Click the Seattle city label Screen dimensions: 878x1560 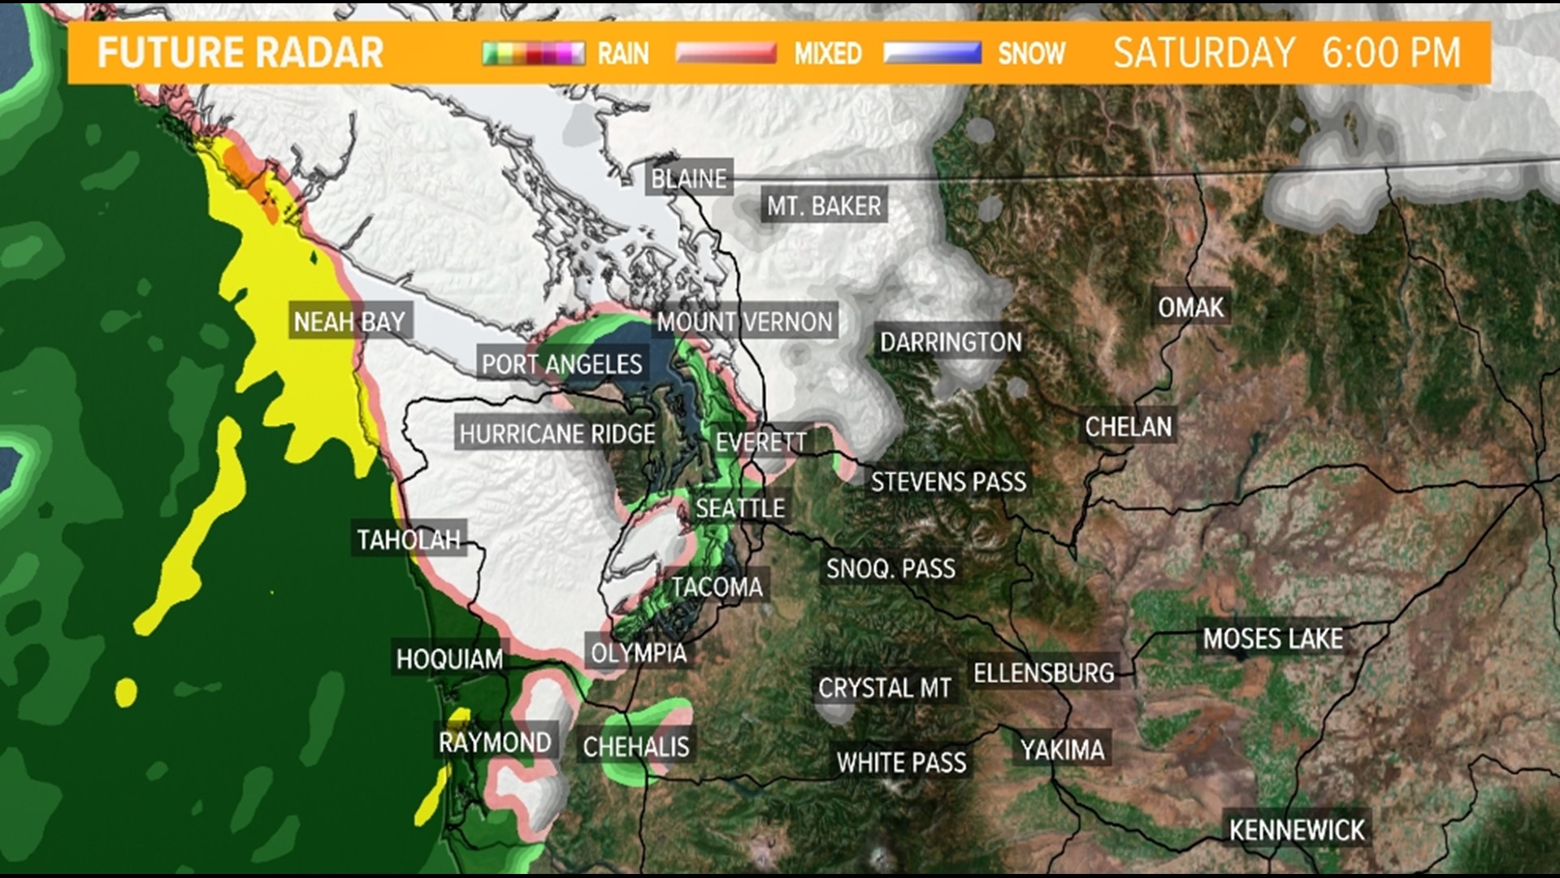(x=740, y=509)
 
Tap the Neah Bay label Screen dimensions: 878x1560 (x=349, y=322)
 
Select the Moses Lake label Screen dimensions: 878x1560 (x=1272, y=639)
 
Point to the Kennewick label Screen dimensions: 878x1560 (x=1297, y=830)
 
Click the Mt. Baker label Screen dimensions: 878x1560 (x=824, y=206)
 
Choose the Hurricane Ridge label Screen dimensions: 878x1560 (x=557, y=434)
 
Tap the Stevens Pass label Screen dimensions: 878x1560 (x=948, y=482)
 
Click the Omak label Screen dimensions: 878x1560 (x=1190, y=307)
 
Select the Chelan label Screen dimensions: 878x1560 (x=1129, y=427)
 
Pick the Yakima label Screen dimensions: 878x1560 (x=1063, y=750)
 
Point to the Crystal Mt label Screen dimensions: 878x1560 (x=884, y=689)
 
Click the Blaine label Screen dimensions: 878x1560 (x=689, y=179)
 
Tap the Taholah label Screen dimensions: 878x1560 (x=409, y=540)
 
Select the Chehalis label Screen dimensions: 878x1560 (x=636, y=746)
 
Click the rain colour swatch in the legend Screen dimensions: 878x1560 (x=534, y=54)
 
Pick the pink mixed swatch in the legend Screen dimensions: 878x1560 (x=726, y=54)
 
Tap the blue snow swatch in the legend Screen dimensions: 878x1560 (x=933, y=54)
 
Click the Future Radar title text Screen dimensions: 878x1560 (x=240, y=54)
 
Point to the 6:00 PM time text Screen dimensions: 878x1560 (x=1390, y=54)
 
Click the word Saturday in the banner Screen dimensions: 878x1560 (x=1204, y=54)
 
